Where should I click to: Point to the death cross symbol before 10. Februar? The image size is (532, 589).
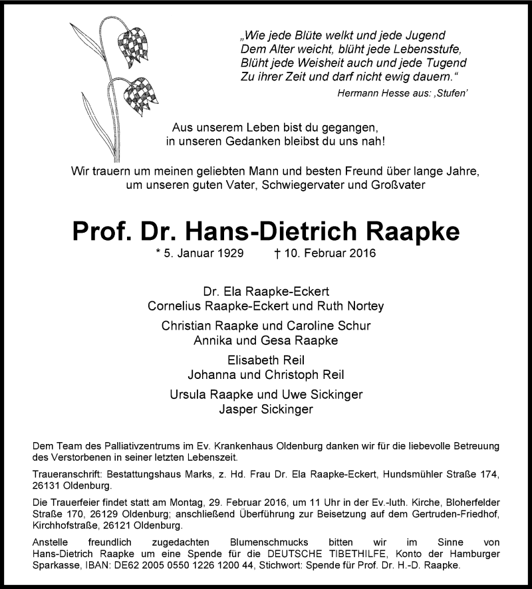[x=277, y=253]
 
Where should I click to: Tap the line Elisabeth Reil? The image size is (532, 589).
[x=266, y=360]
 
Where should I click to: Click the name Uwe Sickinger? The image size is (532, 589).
[x=329, y=394]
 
